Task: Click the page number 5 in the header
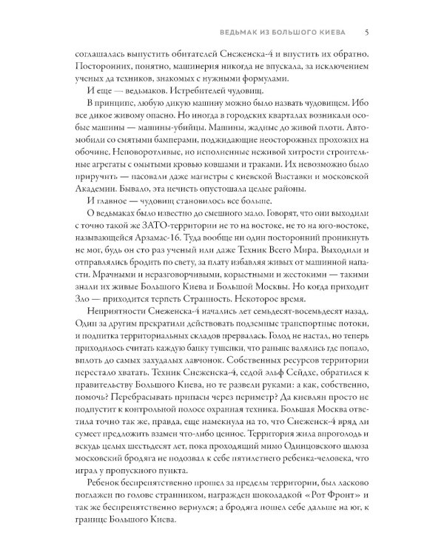click(367, 32)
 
